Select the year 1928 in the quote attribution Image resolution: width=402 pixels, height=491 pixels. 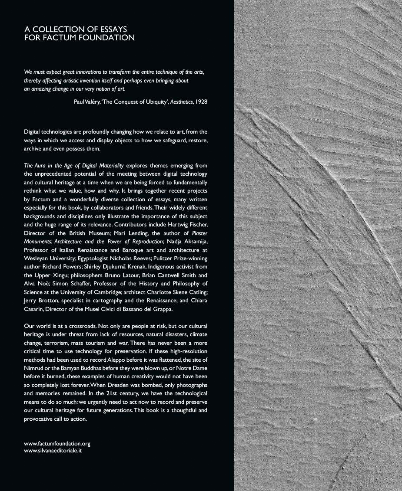tap(201, 101)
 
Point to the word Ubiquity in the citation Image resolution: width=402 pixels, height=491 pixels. tap(149, 101)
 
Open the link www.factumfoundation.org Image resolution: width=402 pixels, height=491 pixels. tap(57, 444)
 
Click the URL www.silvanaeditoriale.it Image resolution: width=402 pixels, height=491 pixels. tap(53, 451)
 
